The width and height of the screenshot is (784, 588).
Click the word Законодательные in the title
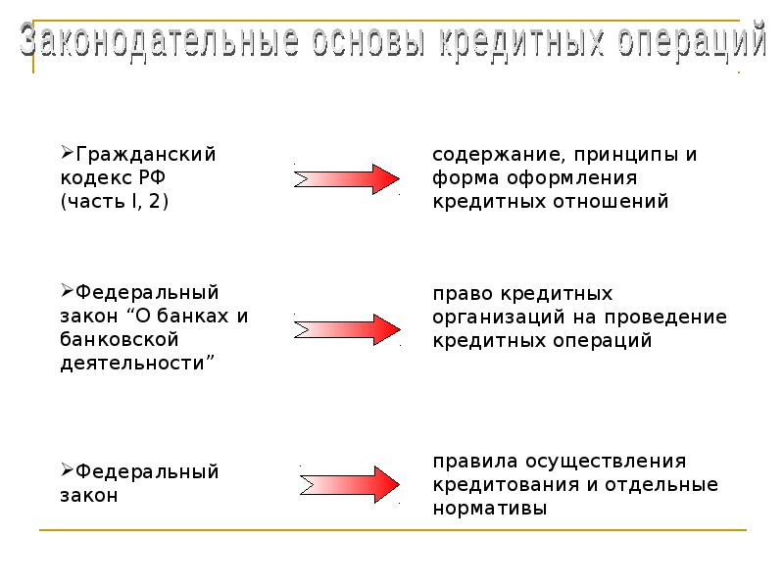point(160,40)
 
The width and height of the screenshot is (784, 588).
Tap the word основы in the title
point(369,41)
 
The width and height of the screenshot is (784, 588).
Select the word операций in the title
point(692,41)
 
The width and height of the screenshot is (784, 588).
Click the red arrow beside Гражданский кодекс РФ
point(347,179)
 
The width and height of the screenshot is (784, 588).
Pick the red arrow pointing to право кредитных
point(348,329)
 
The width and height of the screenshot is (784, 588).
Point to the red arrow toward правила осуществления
point(350,484)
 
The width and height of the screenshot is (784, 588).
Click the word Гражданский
point(145,155)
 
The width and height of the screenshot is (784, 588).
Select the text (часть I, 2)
point(115,202)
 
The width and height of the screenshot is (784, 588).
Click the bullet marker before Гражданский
point(67,152)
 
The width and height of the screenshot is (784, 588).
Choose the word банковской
point(119,339)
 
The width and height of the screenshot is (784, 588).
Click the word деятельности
point(132,364)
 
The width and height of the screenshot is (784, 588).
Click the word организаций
point(508,318)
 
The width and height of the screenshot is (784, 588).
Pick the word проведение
point(665,318)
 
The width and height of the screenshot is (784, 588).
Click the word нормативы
point(489,509)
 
